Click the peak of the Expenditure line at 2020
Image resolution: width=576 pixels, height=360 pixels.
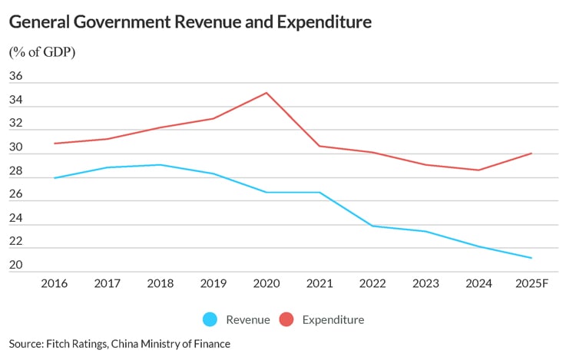click(266, 93)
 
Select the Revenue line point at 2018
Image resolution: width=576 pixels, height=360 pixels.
click(161, 164)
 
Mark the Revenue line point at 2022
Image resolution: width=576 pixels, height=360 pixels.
click(372, 226)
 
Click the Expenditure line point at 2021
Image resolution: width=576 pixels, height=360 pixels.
click(319, 146)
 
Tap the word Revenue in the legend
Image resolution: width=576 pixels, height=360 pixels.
click(247, 319)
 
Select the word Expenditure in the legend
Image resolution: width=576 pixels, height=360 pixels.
click(333, 319)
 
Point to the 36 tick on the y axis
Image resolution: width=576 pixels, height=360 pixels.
click(16, 77)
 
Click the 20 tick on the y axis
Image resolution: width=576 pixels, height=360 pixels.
click(16, 266)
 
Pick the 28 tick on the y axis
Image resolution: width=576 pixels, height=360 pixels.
click(16, 171)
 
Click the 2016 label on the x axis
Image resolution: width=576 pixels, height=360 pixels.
click(54, 283)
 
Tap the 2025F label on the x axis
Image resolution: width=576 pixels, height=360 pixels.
click(532, 283)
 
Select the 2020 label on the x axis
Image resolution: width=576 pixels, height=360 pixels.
click(266, 283)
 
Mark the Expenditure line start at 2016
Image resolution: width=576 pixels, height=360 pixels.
click(54, 144)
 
